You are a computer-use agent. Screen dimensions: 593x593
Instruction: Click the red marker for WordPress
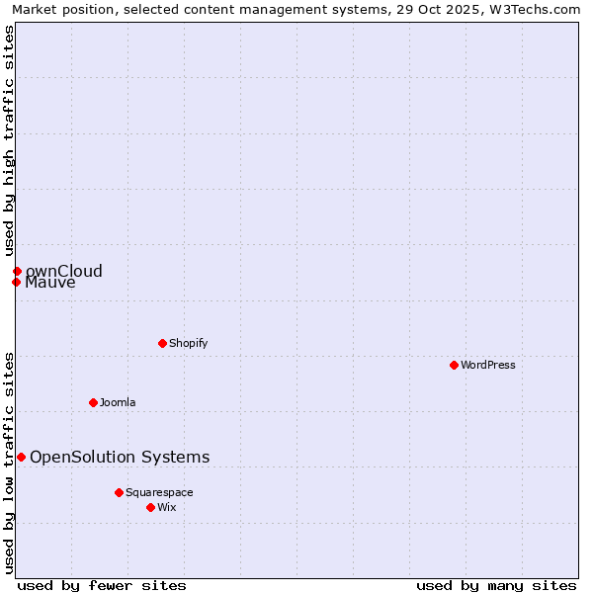pos(454,365)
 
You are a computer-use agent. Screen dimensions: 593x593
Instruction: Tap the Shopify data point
pos(162,343)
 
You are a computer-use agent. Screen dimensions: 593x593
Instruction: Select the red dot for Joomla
pos(93,402)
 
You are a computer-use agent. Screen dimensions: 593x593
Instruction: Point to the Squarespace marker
pos(119,492)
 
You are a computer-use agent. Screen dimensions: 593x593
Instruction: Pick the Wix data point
pos(150,507)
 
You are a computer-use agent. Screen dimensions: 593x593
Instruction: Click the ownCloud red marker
pos(17,271)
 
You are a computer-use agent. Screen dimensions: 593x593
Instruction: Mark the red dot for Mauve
pos(16,283)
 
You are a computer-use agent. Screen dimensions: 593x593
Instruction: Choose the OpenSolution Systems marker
pos(21,457)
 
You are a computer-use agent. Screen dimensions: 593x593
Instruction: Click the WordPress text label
pos(488,365)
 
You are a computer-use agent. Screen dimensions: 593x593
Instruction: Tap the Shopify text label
pos(188,343)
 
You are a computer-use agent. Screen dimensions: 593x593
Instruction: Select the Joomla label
pos(118,402)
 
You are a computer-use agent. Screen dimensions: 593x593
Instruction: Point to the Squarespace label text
pos(159,492)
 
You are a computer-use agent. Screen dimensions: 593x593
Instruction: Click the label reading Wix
pos(166,507)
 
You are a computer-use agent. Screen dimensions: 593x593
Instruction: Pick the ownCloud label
pos(64,271)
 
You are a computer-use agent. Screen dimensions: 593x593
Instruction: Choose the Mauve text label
pos(50,283)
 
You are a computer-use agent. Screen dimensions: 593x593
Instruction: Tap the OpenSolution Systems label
pos(120,457)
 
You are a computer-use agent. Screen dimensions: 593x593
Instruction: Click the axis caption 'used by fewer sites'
pos(102,585)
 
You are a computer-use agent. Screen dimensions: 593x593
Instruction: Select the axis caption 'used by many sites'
pos(496,585)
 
